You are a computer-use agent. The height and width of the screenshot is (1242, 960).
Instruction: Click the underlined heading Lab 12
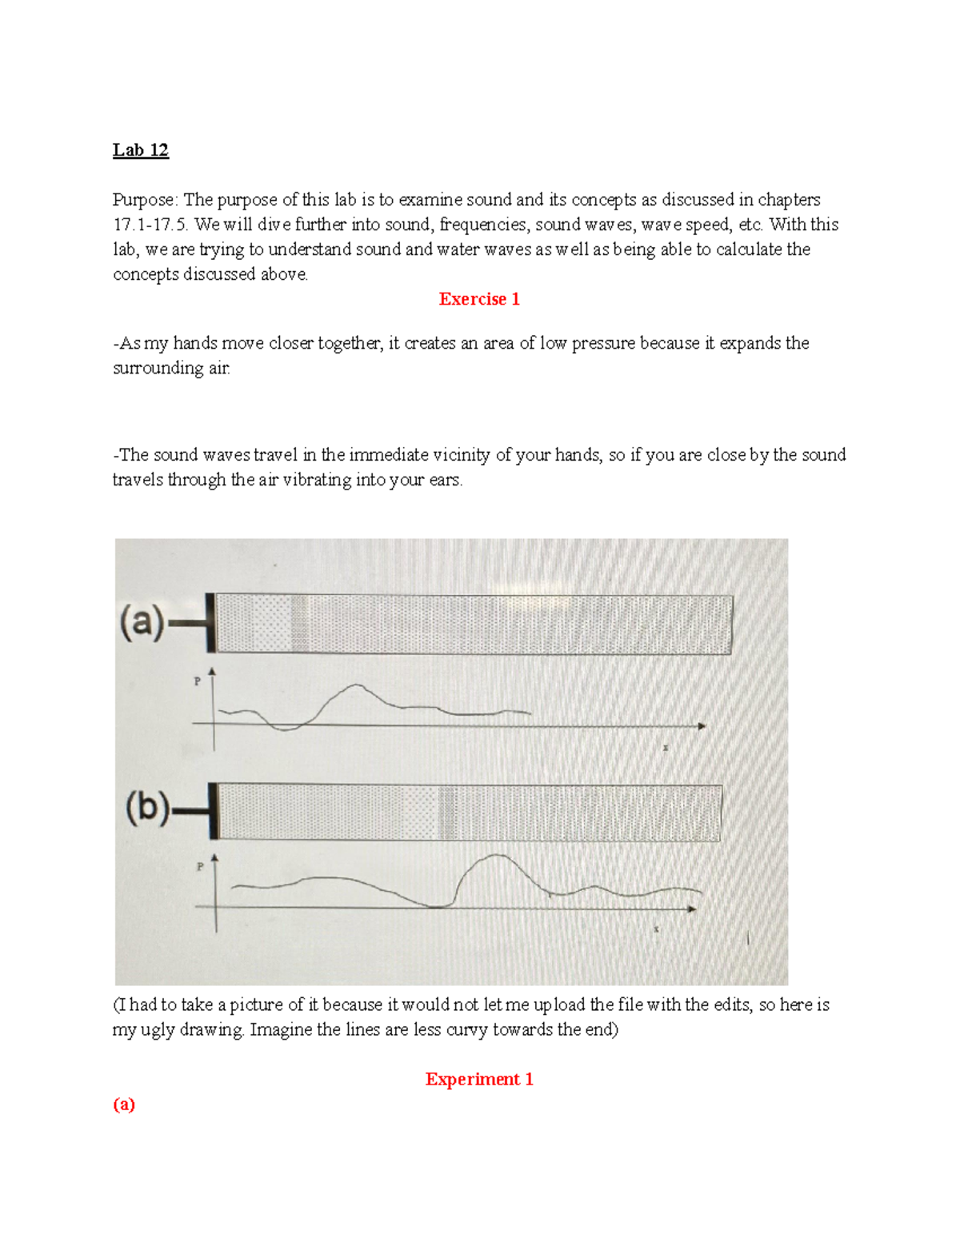140,150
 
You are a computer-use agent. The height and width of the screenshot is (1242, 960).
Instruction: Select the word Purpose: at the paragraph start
146,200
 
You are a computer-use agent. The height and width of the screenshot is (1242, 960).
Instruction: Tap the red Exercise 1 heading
479,299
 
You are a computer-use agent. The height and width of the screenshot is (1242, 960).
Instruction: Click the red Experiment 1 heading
479,1080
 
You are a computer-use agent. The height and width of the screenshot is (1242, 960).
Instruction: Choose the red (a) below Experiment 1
124,1104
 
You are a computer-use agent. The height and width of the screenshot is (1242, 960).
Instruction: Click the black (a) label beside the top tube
142,622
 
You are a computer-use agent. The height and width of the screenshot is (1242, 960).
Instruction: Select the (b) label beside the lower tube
147,809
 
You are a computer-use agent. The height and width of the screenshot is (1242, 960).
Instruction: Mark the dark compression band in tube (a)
299,624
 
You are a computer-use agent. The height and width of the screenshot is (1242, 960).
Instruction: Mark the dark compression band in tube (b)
446,813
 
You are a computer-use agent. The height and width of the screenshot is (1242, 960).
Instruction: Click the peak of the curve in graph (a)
357,685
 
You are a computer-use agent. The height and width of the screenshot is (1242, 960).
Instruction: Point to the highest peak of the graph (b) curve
496,856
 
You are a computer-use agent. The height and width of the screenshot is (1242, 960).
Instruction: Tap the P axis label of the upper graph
198,681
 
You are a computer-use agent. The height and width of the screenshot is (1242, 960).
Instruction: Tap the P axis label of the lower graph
200,866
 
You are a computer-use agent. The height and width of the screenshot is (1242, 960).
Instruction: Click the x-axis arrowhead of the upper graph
702,726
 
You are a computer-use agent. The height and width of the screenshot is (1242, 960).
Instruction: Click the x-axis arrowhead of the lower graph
692,909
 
